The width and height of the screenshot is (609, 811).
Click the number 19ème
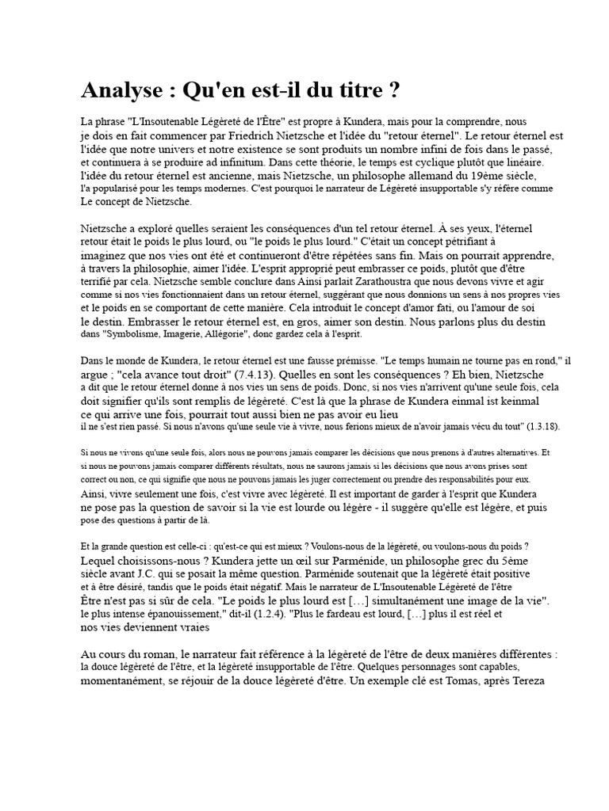[482, 175]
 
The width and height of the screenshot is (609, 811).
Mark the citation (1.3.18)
[543, 427]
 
